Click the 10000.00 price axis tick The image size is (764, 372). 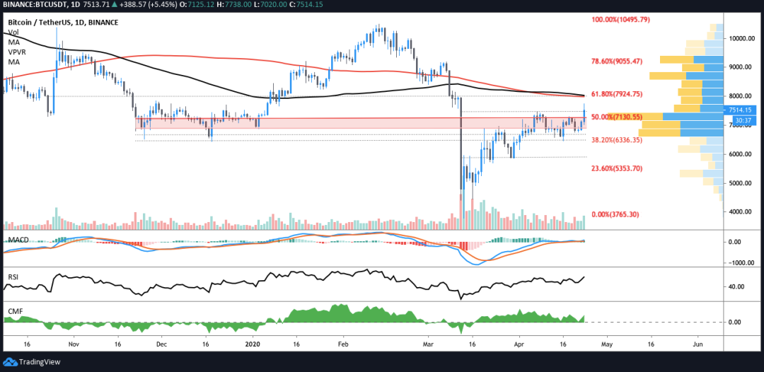click(x=742, y=38)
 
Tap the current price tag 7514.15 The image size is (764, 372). click(x=741, y=110)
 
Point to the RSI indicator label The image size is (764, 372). click(x=14, y=277)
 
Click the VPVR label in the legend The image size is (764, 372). click(x=18, y=52)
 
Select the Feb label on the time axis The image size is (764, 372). click(x=343, y=344)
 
